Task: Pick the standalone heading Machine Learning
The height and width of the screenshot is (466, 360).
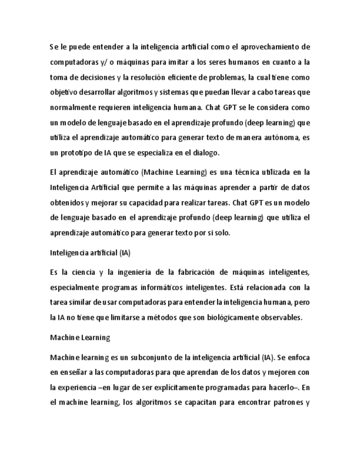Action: point(80,337)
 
